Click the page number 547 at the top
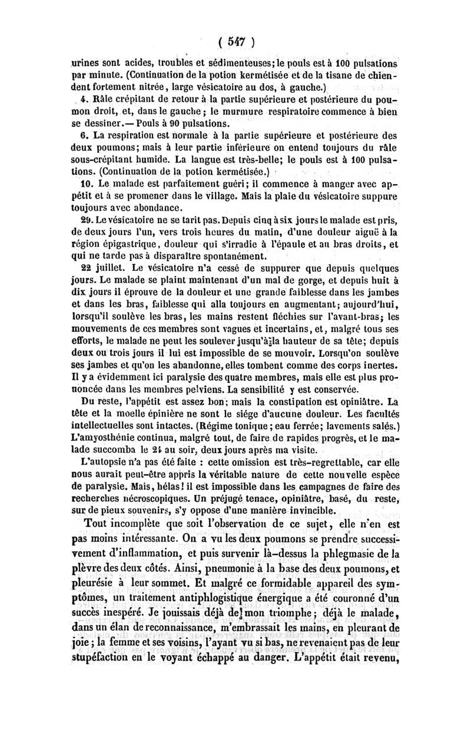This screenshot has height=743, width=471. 236,42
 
